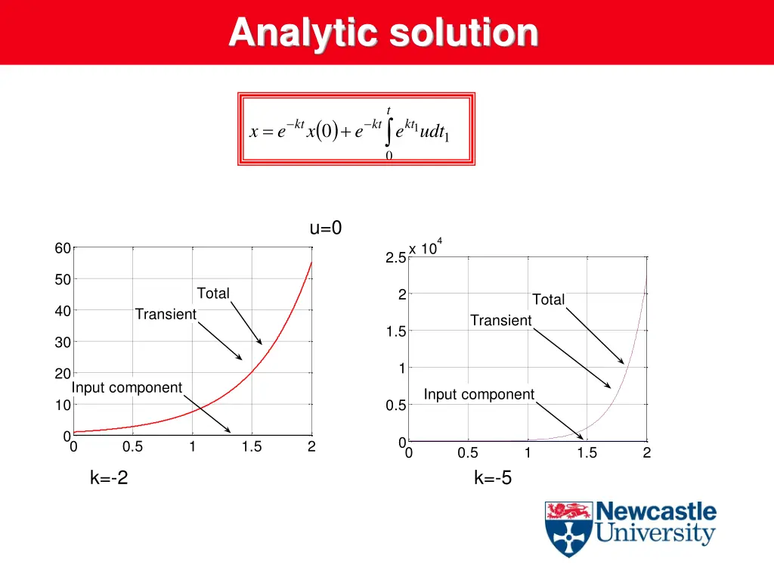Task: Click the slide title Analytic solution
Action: [383, 33]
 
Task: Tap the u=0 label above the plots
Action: [326, 228]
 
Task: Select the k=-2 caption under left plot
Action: [109, 477]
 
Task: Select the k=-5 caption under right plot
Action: [493, 477]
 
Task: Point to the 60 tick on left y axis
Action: [62, 249]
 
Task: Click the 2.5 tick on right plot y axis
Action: [395, 258]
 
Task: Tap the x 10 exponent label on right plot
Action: [424, 249]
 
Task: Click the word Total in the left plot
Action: [213, 294]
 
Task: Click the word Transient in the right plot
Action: [500, 321]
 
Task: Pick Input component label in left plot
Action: [127, 388]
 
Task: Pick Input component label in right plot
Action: [478, 394]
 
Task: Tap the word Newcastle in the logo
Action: [655, 511]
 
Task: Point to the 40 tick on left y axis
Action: [62, 311]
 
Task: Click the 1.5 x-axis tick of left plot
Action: [252, 447]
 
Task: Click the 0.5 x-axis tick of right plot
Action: [468, 453]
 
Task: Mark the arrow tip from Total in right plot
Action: [624, 364]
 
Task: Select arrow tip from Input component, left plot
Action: [231, 432]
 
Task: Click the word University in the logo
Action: [655, 534]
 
